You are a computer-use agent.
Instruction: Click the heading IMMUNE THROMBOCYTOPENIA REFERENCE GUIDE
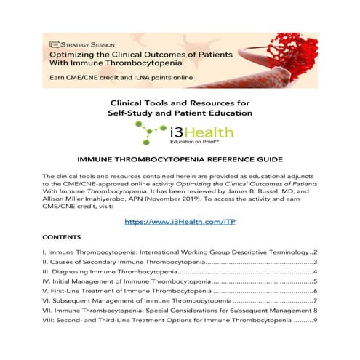180,157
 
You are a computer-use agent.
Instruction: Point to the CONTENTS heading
61,237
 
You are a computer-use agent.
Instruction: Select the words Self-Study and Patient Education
180,113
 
